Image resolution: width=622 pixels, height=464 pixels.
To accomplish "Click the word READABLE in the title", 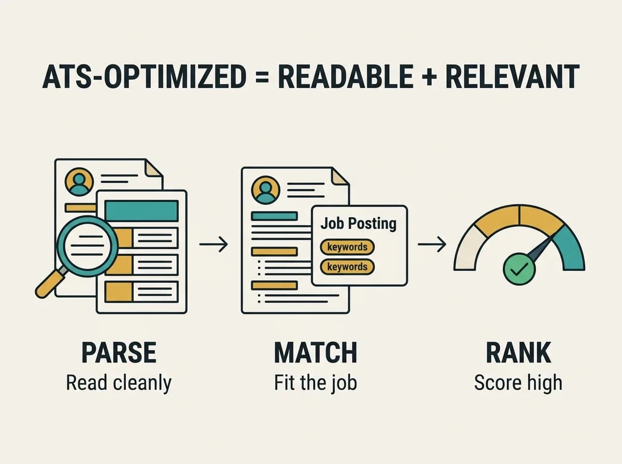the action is (345, 77).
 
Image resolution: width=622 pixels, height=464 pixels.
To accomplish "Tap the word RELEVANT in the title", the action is (512, 77).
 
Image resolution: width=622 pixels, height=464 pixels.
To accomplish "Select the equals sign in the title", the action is (262, 77).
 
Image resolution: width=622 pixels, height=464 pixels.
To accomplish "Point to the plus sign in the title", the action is (429, 77).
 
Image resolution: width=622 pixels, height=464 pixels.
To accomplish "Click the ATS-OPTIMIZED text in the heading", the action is (144, 77).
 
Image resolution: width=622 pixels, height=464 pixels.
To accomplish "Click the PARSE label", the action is (119, 353).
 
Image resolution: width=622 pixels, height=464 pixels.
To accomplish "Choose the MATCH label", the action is (316, 353).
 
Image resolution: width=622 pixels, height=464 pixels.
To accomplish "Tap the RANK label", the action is (518, 353).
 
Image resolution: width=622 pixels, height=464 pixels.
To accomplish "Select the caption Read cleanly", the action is (119, 383).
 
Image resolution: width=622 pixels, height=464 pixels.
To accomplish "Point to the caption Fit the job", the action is (315, 383).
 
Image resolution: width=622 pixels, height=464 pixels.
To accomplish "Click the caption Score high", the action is (518, 383).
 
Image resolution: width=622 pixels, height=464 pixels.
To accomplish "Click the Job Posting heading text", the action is (359, 224).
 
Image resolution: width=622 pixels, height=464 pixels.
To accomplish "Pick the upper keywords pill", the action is (347, 247).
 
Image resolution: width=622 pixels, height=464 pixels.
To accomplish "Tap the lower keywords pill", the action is (347, 267).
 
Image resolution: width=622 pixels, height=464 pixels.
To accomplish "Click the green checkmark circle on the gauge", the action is (519, 269).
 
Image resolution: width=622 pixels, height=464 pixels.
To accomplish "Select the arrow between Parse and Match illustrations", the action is (214, 244).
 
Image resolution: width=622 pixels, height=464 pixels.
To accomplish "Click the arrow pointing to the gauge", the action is (432, 244).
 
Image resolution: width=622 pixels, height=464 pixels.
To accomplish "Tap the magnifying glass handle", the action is (50, 283).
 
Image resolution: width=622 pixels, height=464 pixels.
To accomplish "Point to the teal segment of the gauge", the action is (569, 249).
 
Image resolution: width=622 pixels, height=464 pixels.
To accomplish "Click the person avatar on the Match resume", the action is (265, 190).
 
